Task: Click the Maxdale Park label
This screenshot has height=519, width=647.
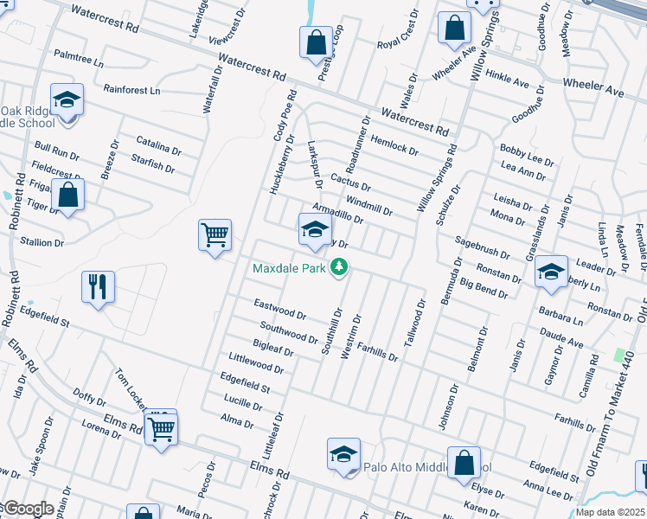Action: [289, 268]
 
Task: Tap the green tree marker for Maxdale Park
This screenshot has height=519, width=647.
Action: [340, 267]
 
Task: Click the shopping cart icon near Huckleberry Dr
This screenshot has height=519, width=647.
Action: [215, 234]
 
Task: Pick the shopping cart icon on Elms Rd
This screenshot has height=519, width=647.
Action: [162, 428]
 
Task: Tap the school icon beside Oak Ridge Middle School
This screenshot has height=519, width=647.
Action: [67, 100]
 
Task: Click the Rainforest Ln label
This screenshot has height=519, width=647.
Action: [131, 90]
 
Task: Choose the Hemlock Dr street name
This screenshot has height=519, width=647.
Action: [394, 144]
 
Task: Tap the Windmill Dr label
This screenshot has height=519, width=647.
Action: [369, 205]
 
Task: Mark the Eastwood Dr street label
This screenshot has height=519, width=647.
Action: [279, 309]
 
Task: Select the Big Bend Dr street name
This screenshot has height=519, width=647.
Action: [484, 288]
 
